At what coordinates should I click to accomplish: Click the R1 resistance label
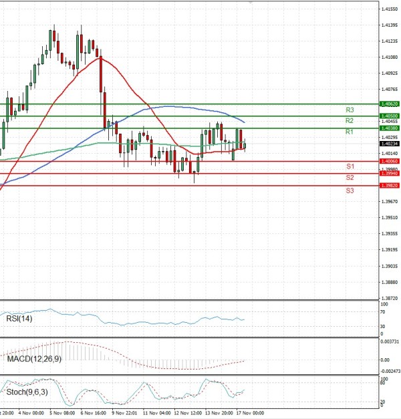pos(350,132)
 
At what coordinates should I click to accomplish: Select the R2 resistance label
pos(350,120)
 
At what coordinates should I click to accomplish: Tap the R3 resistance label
pos(350,109)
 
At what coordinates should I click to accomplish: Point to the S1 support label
pos(350,166)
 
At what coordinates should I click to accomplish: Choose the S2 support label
pos(350,177)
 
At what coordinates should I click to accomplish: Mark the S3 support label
pos(350,190)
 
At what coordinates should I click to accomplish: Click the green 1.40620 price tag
pos(389,104)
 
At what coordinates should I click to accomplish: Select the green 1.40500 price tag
pos(389,116)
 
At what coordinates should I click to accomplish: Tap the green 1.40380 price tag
pos(389,128)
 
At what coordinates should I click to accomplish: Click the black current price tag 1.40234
pos(389,144)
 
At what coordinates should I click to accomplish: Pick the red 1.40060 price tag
pos(389,161)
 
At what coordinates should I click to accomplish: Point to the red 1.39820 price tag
pos(389,186)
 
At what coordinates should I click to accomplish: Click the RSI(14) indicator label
pos(19,318)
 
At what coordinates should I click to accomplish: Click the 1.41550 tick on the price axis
pos(390,9)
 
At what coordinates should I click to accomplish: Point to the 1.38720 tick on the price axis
pos(390,299)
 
